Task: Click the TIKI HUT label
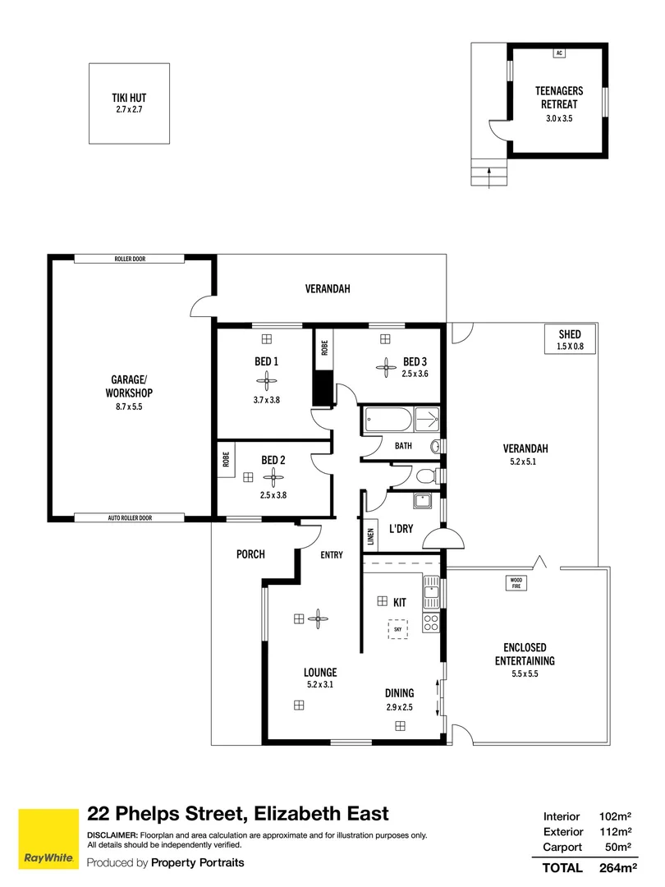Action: [x=129, y=98]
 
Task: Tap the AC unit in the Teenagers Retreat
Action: [x=559, y=53]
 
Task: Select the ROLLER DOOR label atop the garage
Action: [x=130, y=259]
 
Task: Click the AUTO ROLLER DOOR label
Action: [x=130, y=517]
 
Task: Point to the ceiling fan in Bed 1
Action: [x=266, y=381]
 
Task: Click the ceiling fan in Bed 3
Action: [x=386, y=368]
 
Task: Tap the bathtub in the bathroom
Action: [x=388, y=420]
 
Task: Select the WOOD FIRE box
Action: [x=516, y=583]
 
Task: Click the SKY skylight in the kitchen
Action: [x=398, y=629]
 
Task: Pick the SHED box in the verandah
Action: [x=570, y=339]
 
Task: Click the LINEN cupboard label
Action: [x=371, y=535]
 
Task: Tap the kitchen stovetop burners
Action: [x=431, y=623]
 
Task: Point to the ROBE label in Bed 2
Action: [x=227, y=459]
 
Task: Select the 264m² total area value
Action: [x=618, y=868]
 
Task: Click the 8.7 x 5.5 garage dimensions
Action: [x=129, y=407]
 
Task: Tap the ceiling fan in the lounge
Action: [x=318, y=619]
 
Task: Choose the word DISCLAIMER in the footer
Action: [x=112, y=835]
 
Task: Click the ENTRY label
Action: [x=332, y=555]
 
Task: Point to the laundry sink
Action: [x=421, y=502]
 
